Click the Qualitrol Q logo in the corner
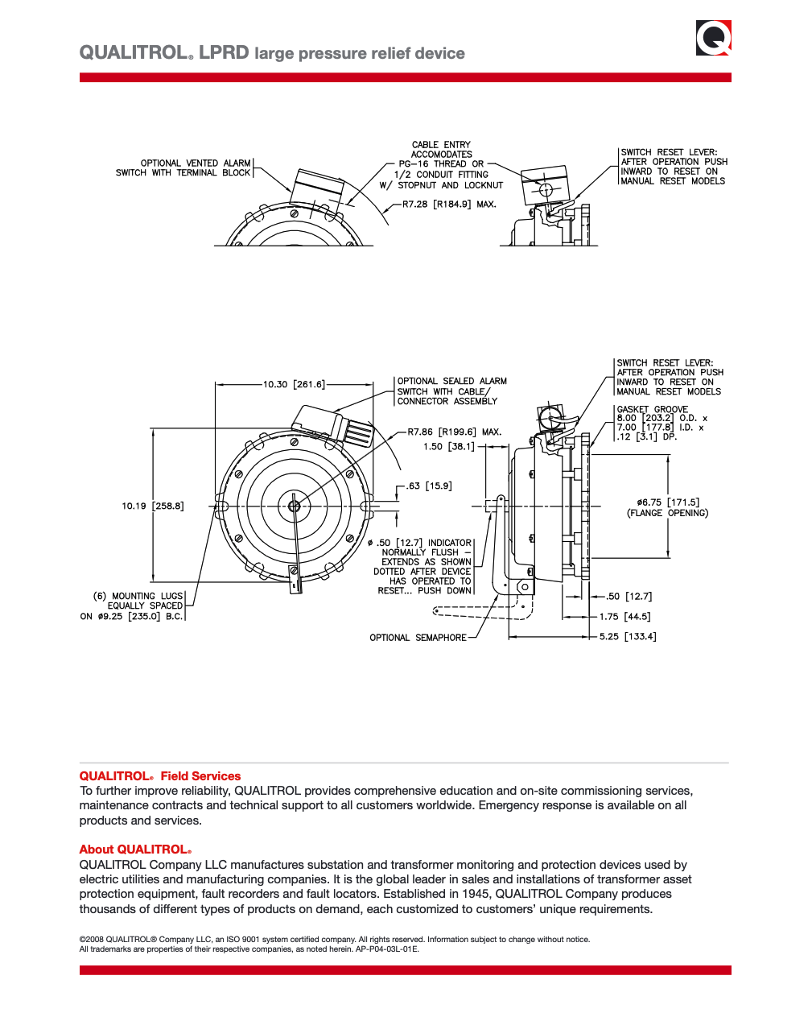[713, 38]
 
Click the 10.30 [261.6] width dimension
[294, 385]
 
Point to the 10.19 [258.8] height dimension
[153, 506]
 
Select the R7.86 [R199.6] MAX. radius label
[454, 432]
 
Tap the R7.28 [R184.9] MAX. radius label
[449, 205]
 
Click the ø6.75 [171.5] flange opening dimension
[668, 502]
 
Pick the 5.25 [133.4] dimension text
[627, 637]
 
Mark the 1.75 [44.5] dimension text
[624, 617]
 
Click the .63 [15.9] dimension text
[429, 486]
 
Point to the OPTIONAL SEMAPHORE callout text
[418, 638]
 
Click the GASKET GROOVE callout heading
[652, 410]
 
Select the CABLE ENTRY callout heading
[441, 145]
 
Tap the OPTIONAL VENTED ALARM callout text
[196, 163]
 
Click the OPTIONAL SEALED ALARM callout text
[451, 382]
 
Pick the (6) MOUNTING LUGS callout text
[138, 597]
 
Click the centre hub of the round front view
[294, 506]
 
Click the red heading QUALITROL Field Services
[160, 776]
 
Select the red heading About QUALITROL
[135, 850]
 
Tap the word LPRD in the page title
[224, 53]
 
